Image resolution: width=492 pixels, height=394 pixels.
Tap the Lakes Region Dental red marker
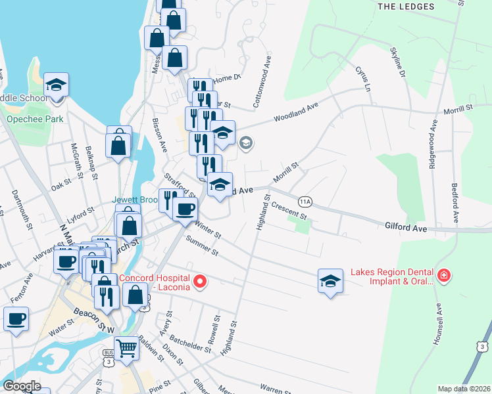click(445, 275)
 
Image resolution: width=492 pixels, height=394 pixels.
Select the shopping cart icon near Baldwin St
click(126, 347)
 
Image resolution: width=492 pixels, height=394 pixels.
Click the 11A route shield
click(304, 201)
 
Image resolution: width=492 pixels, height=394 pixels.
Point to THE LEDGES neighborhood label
click(406, 7)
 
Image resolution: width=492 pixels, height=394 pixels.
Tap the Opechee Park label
click(35, 120)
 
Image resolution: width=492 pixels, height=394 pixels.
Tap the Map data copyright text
click(463, 389)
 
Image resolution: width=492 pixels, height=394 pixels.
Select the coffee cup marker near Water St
click(16, 319)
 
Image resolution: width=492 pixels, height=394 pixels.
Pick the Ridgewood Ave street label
click(433, 146)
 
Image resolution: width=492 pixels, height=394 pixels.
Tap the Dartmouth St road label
click(22, 208)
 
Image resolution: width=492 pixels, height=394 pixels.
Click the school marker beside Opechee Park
click(57, 85)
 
